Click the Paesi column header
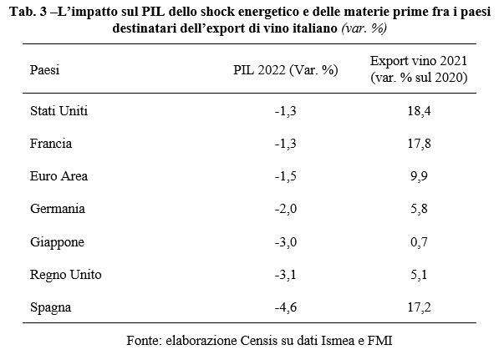coord(44,69)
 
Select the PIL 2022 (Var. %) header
coord(286,70)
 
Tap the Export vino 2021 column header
coord(419,69)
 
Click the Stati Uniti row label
coord(59,110)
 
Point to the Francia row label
coord(51,144)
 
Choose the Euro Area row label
coord(59,176)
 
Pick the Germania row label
coord(58,209)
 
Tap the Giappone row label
coord(58,242)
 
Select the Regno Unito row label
coord(66,275)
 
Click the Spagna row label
coord(51,308)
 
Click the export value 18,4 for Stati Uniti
coord(419,111)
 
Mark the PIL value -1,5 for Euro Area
coord(286,176)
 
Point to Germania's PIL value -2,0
coord(286,209)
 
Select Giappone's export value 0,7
coord(419,242)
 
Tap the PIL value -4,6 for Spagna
coord(286,307)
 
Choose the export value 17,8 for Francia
coord(419,144)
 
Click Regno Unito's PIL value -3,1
coord(286,275)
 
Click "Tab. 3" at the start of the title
coord(28,12)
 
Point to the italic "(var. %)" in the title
coord(364,28)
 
